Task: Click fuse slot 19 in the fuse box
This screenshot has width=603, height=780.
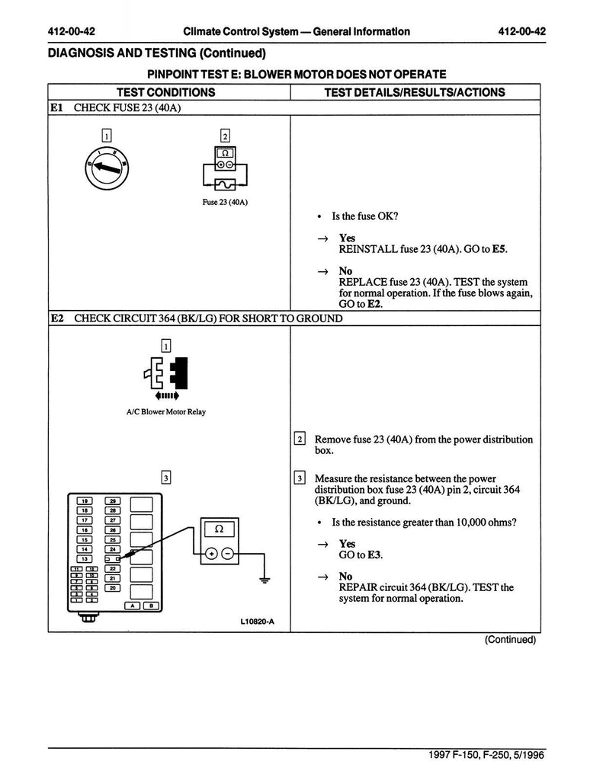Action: [86, 500]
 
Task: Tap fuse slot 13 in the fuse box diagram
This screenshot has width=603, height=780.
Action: [86, 558]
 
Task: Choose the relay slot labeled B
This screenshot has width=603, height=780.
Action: [151, 606]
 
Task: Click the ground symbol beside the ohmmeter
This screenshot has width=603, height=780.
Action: [265, 580]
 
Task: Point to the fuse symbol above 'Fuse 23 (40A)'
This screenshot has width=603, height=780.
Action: [224, 184]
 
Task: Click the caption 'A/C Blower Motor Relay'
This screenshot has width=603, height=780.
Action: [165, 412]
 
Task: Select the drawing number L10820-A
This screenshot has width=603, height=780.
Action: [256, 622]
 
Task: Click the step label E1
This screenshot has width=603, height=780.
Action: [57, 107]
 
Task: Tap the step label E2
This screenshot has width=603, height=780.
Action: [57, 318]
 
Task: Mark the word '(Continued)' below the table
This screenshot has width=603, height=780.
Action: [510, 640]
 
